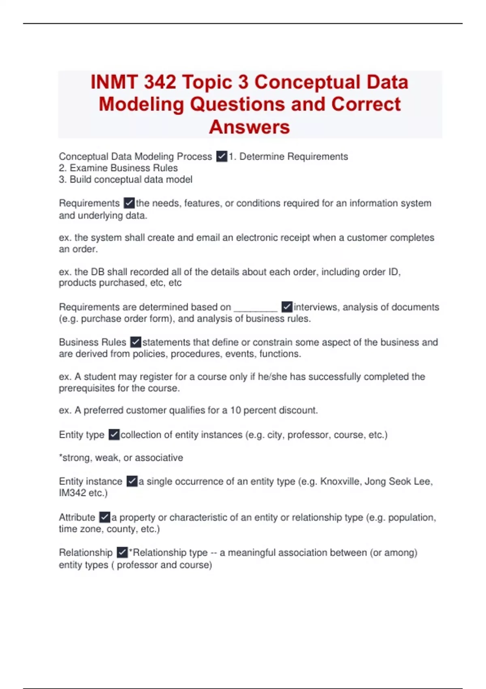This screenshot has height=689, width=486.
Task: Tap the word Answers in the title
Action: (x=249, y=127)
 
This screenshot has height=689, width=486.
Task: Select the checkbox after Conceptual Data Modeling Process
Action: (x=222, y=156)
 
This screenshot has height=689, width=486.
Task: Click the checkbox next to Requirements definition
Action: (x=129, y=203)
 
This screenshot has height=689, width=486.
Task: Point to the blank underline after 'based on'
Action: (x=256, y=308)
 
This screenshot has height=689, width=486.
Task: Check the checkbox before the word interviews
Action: (x=287, y=307)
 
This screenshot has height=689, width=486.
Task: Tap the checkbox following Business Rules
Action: (x=136, y=342)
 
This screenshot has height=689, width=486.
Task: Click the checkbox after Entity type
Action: (x=114, y=434)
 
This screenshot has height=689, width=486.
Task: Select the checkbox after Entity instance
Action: (x=132, y=481)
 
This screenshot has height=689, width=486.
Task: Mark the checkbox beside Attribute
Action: (x=104, y=517)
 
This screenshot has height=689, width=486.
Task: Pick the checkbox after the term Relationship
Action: (x=122, y=552)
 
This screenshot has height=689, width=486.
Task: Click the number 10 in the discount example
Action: (x=236, y=410)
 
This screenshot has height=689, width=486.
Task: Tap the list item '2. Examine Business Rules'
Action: (x=118, y=168)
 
